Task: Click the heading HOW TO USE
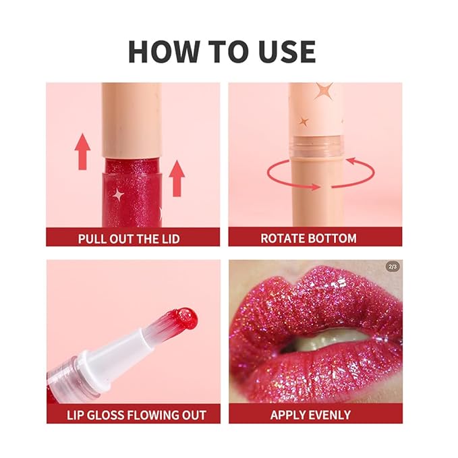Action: coord(222,51)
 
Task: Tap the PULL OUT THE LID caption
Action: coord(129,238)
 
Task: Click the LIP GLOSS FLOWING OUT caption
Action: coord(132,414)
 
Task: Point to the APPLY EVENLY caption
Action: coord(311,414)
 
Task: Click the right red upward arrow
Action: coord(177,178)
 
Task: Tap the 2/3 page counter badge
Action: coord(393,266)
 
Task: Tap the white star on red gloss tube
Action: coord(119,194)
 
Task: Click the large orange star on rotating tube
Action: coord(322,90)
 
